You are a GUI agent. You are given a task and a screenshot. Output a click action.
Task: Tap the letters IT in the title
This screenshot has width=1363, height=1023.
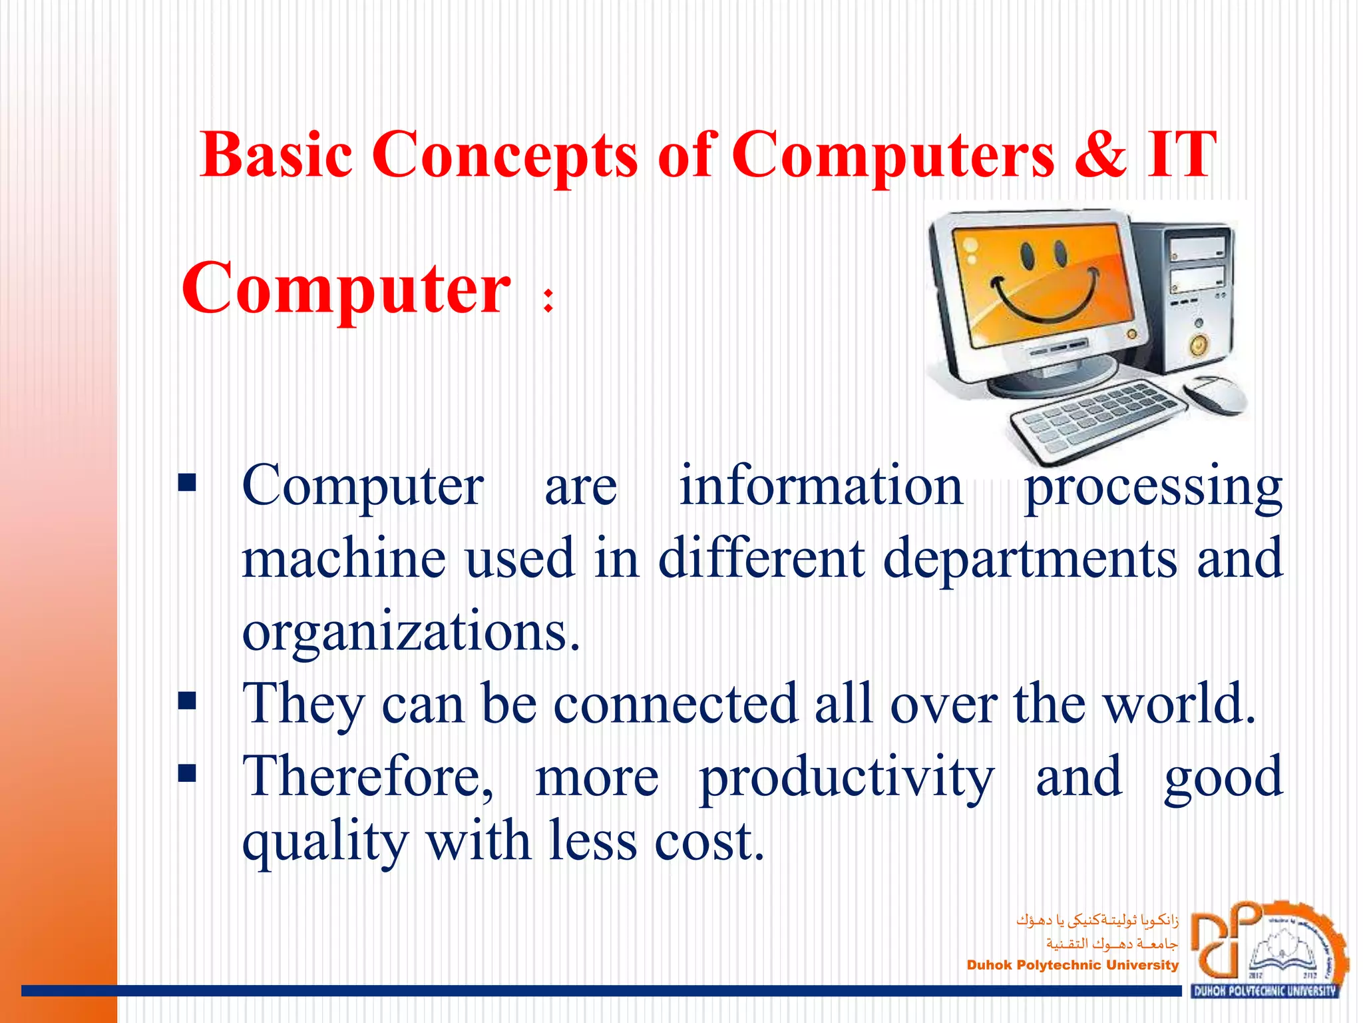(1181, 155)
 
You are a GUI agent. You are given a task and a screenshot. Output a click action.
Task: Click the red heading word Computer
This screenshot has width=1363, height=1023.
(346, 288)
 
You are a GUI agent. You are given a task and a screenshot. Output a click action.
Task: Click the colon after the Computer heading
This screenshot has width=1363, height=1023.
(548, 300)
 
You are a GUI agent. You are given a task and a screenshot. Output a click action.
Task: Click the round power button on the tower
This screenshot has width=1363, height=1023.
(1199, 346)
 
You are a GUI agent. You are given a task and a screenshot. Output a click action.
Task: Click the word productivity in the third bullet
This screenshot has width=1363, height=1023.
(847, 777)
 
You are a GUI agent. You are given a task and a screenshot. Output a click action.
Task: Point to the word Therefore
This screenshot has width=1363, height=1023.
(367, 777)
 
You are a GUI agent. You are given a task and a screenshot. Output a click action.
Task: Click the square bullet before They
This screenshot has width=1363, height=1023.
(187, 701)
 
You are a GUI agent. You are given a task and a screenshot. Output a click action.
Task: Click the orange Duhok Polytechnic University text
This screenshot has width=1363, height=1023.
(1072, 965)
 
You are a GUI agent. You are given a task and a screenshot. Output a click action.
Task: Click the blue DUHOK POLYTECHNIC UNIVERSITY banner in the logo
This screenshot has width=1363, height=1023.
(1264, 990)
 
